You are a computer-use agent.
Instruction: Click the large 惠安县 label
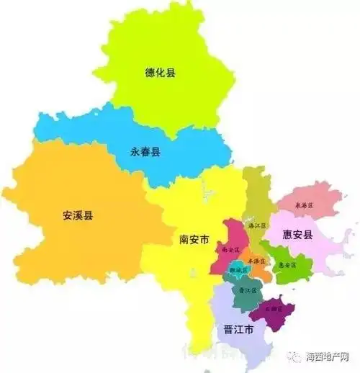coord(297,235)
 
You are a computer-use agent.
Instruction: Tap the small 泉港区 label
coord(306,206)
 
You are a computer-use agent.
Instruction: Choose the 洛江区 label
coord(256,225)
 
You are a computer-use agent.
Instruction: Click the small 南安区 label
coord(230,249)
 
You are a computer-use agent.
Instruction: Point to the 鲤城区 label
coord(238,270)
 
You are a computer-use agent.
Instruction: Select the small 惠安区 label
coord(287,264)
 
